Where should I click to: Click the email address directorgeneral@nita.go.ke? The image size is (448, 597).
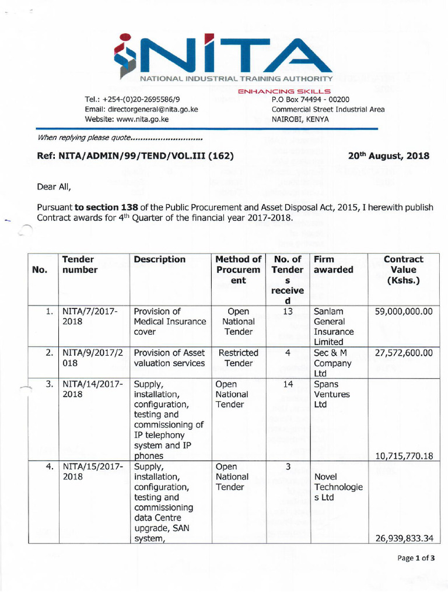click(141, 109)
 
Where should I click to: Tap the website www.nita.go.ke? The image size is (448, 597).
click(127, 119)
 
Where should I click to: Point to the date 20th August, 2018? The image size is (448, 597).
click(388, 156)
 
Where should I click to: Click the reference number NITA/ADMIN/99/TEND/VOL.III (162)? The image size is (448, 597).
click(135, 156)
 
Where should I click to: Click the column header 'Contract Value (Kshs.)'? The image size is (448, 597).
click(403, 269)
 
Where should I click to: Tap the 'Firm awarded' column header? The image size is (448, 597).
click(333, 264)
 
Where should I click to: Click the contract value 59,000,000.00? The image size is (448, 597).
click(404, 312)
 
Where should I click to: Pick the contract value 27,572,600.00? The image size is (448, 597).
click(404, 353)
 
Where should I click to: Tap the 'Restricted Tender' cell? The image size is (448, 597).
click(238, 358)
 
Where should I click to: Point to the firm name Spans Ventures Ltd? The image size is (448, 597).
click(332, 394)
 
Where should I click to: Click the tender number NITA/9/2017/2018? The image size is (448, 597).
click(90, 358)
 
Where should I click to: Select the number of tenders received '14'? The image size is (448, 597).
click(287, 385)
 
